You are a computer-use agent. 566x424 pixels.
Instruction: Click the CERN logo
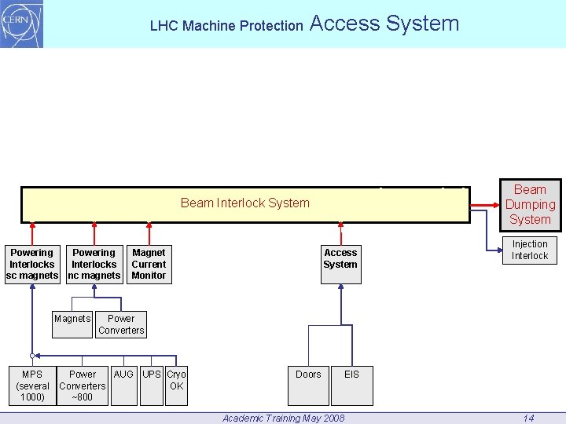point(21,24)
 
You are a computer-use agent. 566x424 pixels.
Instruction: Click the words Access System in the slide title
point(384,24)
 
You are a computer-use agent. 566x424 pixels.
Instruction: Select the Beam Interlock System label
point(244,203)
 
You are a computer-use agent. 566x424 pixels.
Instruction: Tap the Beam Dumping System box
point(530,204)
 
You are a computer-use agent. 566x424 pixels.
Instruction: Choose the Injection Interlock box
point(530,250)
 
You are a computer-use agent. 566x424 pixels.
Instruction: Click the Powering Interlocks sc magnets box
point(31,264)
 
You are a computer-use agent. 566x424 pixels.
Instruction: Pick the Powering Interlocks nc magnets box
point(94,264)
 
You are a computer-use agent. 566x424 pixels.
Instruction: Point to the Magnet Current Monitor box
point(149,264)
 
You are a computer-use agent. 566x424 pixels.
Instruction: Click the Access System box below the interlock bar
point(340,264)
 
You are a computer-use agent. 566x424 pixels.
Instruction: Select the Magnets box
point(72,323)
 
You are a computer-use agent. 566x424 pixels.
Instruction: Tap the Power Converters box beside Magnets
point(121,324)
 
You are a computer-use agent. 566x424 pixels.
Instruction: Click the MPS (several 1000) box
point(32,386)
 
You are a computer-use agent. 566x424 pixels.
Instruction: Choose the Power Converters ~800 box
point(83,386)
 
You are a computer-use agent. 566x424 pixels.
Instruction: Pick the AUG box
point(123,385)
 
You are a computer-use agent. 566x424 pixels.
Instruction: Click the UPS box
point(153,385)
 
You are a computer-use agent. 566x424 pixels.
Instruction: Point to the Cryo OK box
point(176,385)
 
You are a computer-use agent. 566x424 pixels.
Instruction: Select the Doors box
point(308,385)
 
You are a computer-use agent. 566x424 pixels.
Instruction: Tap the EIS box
point(351,385)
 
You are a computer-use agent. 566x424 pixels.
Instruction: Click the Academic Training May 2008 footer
point(283,418)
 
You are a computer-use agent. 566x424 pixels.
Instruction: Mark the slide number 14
point(529,418)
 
